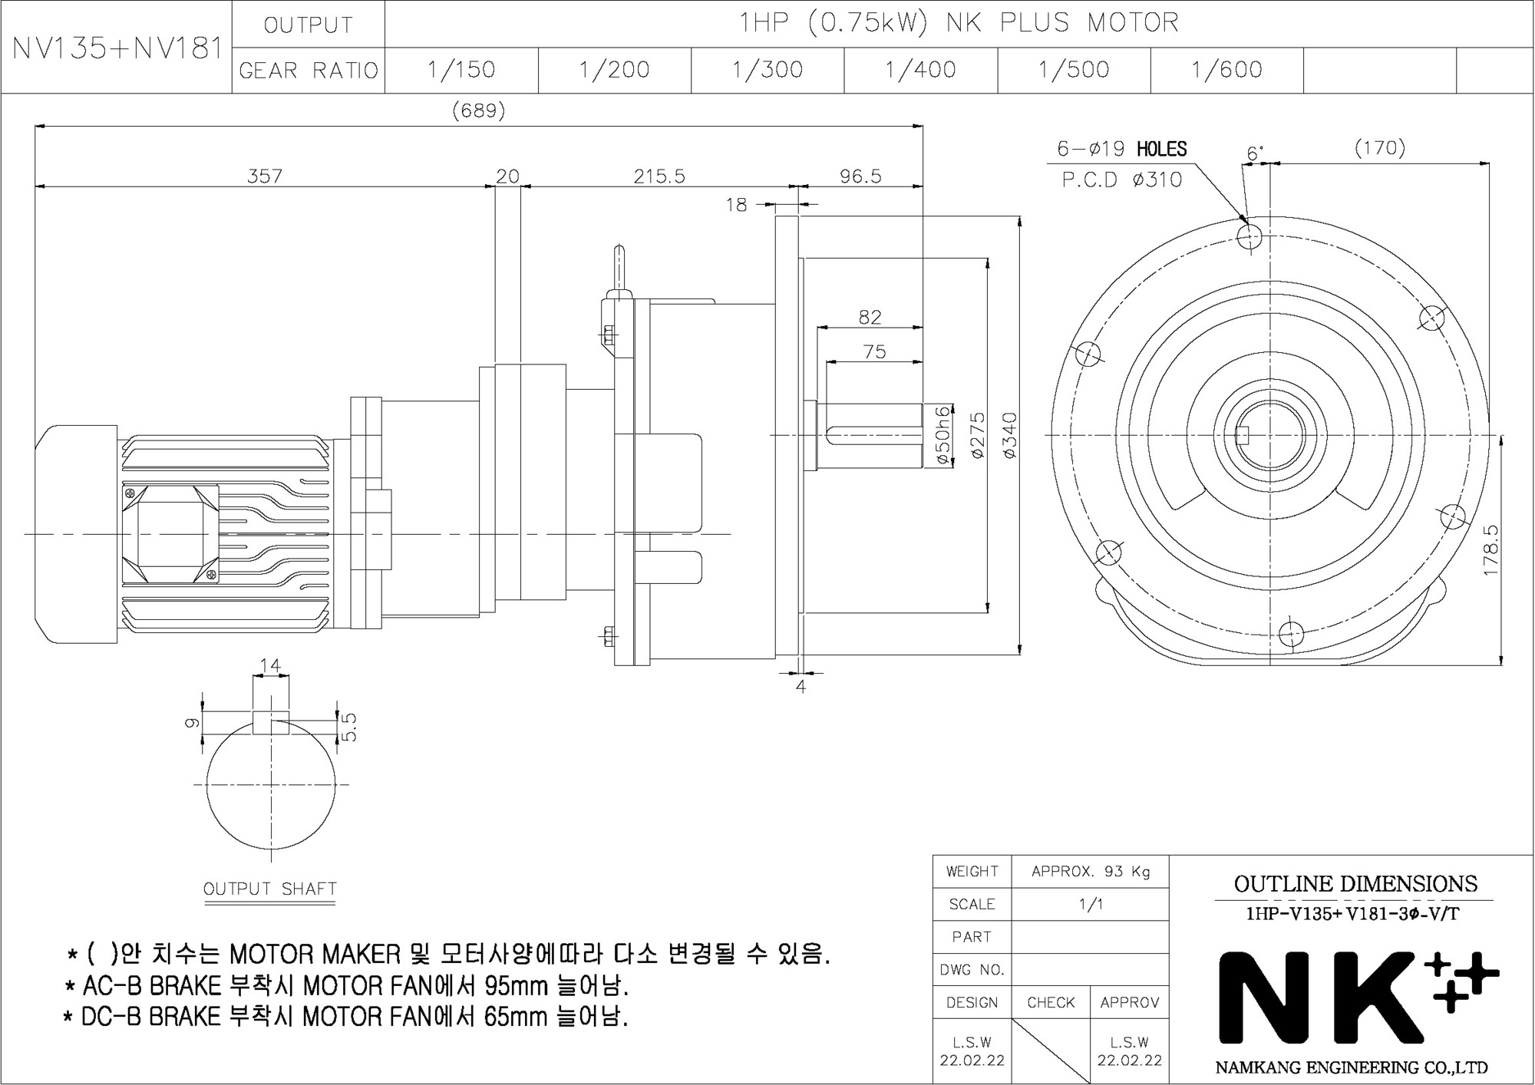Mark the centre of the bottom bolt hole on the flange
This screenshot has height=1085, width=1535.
(x=1292, y=635)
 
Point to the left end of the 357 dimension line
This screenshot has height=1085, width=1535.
(x=35, y=186)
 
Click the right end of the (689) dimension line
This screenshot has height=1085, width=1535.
(x=923, y=125)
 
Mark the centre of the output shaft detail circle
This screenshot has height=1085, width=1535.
(x=271, y=784)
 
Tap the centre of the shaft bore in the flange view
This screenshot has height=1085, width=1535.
(x=1270, y=435)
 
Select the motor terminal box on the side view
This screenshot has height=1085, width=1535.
(x=170, y=533)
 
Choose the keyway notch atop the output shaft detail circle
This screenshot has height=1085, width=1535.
(x=271, y=723)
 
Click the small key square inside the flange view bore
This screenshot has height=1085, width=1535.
(x=1244, y=435)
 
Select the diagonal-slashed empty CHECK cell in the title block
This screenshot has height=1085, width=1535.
(x=1051, y=1051)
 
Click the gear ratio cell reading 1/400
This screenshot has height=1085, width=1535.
(x=920, y=70)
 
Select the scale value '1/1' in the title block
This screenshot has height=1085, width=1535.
(x=1090, y=904)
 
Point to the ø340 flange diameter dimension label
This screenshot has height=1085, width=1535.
(x=1009, y=436)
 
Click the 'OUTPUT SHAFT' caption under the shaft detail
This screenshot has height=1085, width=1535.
(x=270, y=889)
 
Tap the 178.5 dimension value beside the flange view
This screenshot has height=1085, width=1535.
(x=1490, y=550)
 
